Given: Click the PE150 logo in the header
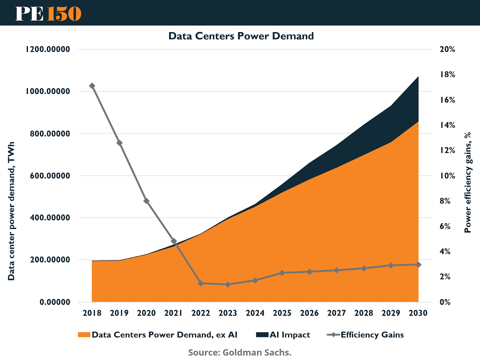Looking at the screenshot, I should point(48,13).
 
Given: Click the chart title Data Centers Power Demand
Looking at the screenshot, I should point(241,36).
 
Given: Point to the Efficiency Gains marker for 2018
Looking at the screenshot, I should point(92,86).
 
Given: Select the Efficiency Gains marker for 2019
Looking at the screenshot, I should point(119,143).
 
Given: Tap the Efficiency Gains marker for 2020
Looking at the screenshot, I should point(146,201).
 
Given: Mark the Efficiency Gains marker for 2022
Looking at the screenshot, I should point(201,283).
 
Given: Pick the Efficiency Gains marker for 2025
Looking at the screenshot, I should point(282,273).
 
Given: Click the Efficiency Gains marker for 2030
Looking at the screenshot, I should point(418,265).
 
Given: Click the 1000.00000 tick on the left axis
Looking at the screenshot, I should point(48,91).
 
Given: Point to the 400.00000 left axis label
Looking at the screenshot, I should point(50,217).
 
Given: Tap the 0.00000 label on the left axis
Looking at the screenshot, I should point(55,302).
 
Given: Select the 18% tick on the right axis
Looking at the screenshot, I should point(447,74).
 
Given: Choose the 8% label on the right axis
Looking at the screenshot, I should point(445,201).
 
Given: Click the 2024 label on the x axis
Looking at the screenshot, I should point(255,313).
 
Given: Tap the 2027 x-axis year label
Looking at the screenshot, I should point(337,313).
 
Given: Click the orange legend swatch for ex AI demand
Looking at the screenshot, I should point(84,335).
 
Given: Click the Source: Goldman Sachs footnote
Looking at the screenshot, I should point(240,352).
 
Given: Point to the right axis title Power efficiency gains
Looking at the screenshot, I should point(468,182).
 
